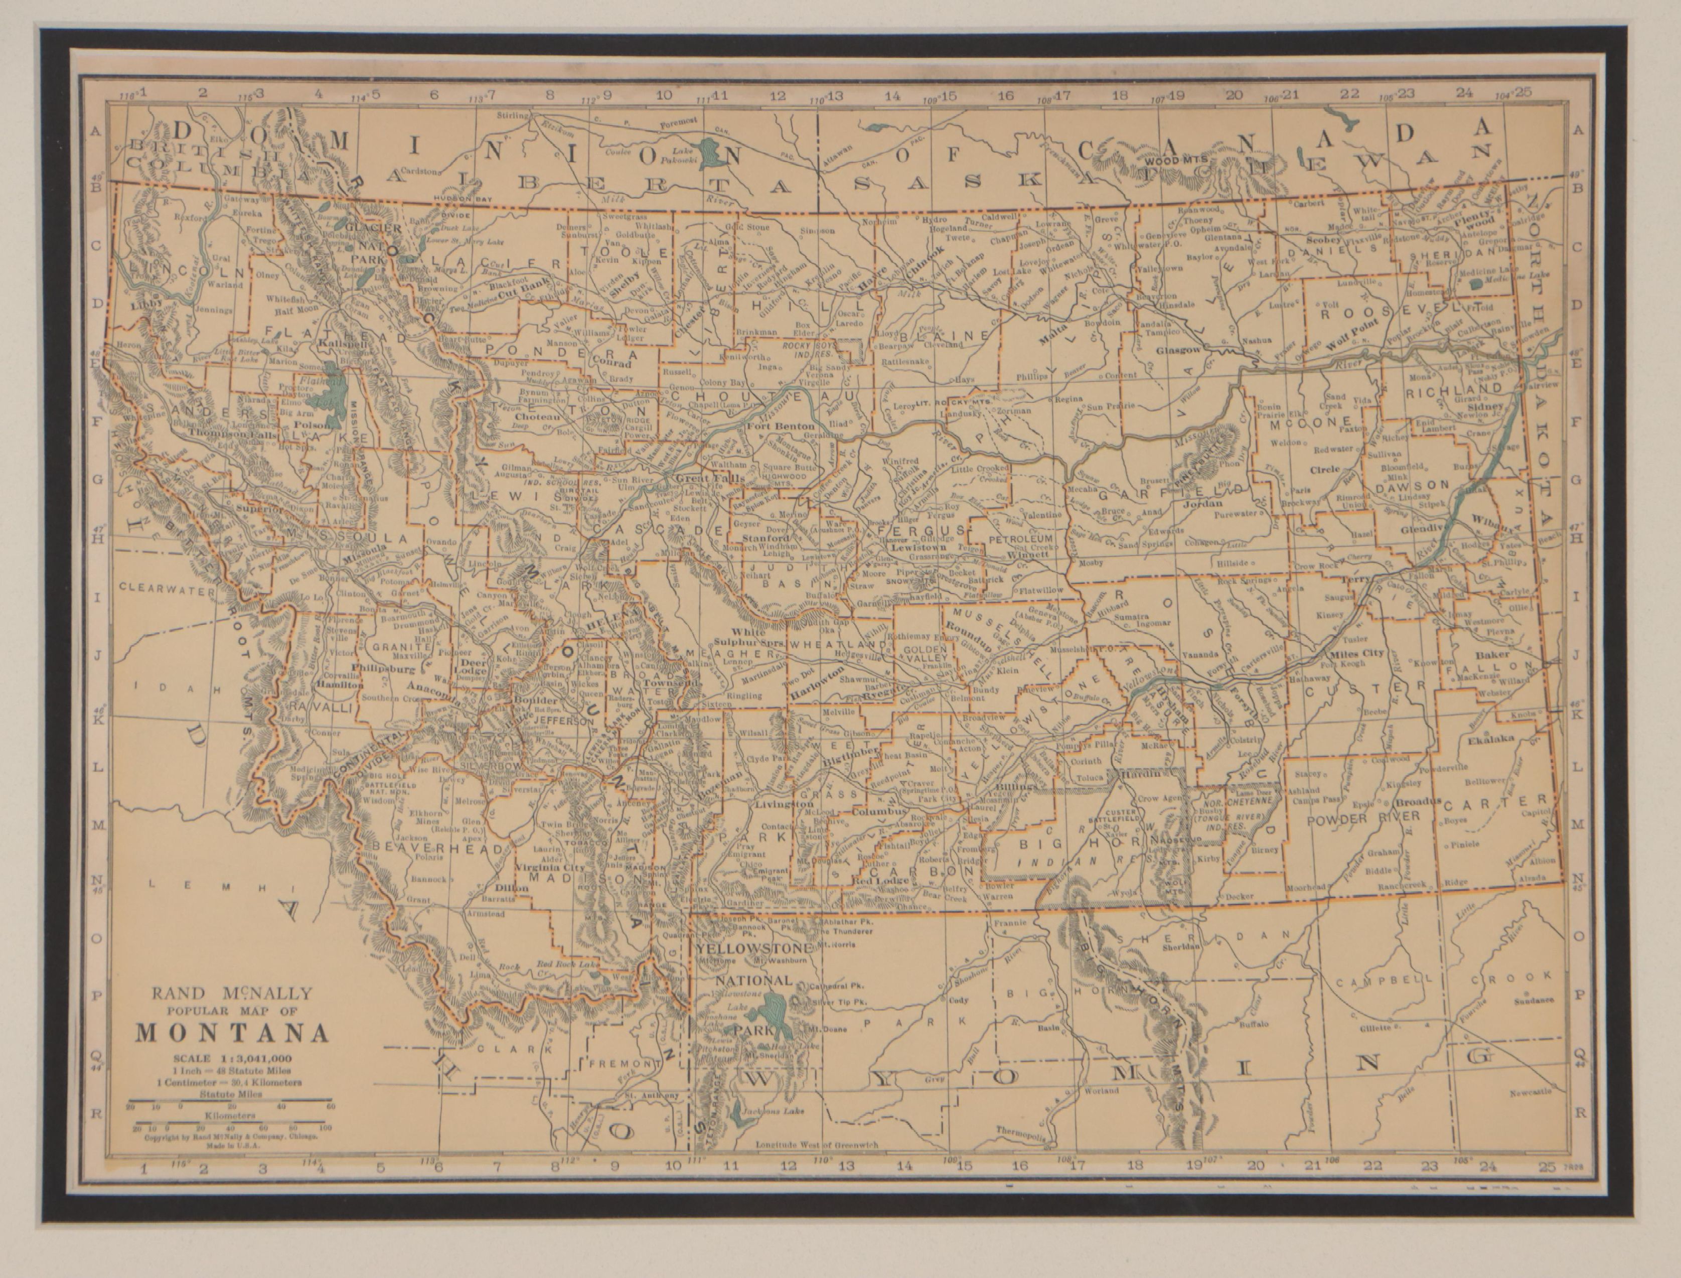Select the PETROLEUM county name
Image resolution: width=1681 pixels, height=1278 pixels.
(x=1019, y=538)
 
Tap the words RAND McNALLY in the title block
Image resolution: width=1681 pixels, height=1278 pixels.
(x=232, y=992)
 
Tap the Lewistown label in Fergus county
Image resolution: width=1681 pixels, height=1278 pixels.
(x=897, y=547)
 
